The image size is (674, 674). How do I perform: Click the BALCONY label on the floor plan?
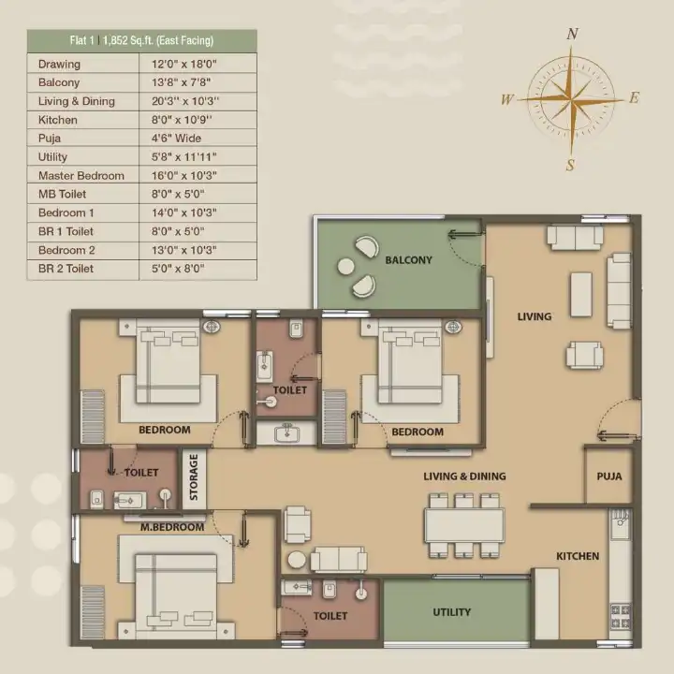(408, 260)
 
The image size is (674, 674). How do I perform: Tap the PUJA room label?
(609, 476)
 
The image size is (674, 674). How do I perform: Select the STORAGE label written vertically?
(194, 477)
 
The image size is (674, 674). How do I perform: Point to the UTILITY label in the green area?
(451, 612)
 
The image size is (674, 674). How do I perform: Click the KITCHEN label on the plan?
(578, 556)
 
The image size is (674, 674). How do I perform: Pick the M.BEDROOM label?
(172, 527)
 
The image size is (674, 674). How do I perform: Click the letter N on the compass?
(572, 34)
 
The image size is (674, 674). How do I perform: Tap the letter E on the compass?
(634, 98)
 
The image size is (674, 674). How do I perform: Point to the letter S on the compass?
(570, 165)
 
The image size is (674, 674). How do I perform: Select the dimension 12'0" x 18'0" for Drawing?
(184, 64)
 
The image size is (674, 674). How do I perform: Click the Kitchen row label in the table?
(58, 120)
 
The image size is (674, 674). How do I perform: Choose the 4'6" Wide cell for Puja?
(176, 139)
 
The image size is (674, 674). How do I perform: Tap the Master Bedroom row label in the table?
(81, 176)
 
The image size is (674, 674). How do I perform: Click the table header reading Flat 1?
(81, 40)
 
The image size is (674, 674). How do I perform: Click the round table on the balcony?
(345, 267)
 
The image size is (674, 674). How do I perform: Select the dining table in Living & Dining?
(464, 525)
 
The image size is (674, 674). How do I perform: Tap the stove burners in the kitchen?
(621, 616)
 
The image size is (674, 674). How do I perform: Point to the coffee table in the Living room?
(580, 295)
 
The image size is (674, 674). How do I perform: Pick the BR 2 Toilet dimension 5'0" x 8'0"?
(178, 269)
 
